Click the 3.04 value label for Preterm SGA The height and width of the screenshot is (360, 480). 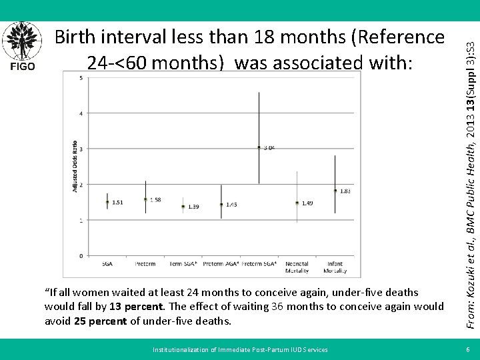[x=268, y=148]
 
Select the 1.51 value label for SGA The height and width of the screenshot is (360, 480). [x=117, y=202]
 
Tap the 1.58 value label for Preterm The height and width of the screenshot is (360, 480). [x=155, y=199]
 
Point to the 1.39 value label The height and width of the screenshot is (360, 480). [x=193, y=207]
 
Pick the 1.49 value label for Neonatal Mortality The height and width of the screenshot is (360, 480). [x=307, y=203]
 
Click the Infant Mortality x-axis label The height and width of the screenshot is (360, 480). [x=335, y=267]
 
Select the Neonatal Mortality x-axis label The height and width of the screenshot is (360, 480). [x=297, y=267]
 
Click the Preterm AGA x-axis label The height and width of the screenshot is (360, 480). [x=221, y=264]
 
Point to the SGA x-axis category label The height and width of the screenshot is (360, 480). [x=107, y=264]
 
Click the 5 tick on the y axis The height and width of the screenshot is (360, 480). [x=81, y=78]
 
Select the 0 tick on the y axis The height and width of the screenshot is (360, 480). [x=81, y=255]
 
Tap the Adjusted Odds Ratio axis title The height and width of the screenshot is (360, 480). [x=75, y=165]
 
